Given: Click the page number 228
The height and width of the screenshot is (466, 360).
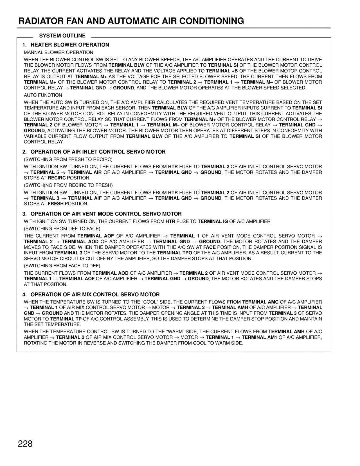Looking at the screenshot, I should point(25,444).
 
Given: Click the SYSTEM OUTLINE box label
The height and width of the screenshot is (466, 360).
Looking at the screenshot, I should point(62,36).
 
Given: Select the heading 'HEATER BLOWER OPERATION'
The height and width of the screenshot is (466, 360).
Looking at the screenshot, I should point(70,45).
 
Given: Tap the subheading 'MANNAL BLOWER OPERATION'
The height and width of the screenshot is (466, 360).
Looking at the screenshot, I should point(58,52).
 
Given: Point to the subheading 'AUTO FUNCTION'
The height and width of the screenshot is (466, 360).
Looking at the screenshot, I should point(43,95).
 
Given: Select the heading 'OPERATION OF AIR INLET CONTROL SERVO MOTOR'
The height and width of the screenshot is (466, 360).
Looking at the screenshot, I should point(98,152).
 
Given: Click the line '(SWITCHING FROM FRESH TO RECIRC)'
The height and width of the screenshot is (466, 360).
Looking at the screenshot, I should point(68,159).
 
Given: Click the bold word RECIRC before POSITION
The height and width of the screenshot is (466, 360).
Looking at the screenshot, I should point(57,178).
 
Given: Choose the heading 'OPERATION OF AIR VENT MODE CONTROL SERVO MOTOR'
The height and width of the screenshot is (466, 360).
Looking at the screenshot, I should point(106,214).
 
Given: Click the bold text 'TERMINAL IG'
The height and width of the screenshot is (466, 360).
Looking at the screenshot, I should point(213,221).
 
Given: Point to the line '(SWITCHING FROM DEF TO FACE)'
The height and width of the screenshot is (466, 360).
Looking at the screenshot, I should point(62,228).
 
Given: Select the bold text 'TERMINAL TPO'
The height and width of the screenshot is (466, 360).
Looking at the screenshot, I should point(177,253).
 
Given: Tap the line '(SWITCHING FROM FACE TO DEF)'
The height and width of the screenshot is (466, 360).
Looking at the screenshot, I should point(62,266).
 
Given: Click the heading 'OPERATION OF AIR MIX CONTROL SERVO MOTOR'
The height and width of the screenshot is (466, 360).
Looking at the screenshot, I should point(95,295).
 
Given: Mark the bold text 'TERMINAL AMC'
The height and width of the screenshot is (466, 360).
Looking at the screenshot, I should point(260,302).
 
